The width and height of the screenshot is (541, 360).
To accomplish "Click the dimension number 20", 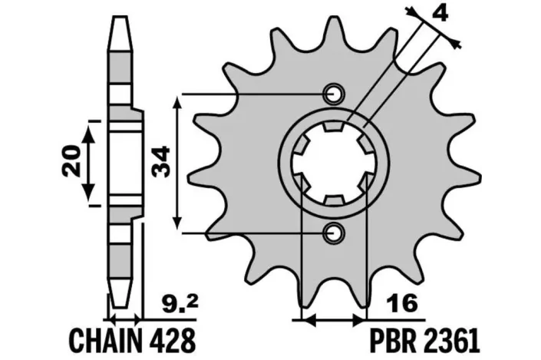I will (x=71, y=162).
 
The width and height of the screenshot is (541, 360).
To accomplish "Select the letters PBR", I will (x=405, y=339).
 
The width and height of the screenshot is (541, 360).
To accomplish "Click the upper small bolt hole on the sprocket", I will (x=334, y=94).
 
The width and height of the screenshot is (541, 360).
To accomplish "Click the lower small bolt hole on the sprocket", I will (x=334, y=231).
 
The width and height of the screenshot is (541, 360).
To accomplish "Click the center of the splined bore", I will (x=334, y=163).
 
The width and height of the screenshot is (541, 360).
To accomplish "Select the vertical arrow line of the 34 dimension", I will (x=179, y=162).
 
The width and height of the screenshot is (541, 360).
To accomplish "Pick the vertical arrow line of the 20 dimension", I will (x=91, y=162).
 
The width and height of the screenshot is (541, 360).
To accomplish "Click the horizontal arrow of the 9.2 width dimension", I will (x=125, y=316).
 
